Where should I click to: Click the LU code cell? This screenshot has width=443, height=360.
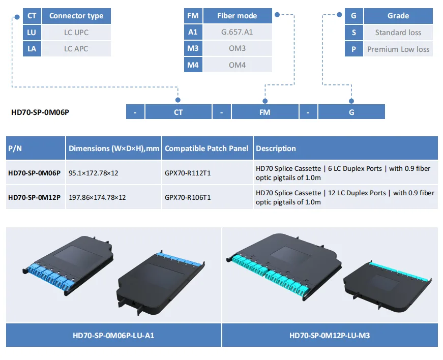32,33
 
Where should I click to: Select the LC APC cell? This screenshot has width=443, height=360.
76,49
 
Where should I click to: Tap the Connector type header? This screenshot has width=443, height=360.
76,16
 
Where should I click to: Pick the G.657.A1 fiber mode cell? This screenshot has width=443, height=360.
237,33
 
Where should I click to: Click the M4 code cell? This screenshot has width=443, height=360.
193,65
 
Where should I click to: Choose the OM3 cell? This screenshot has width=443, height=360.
237,49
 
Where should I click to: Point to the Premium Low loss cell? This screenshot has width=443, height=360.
398,49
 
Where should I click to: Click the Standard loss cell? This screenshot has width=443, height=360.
398,33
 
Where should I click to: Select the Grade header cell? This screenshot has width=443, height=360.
398,16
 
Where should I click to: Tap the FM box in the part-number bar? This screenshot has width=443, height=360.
264,112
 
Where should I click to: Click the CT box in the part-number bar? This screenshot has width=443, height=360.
178,112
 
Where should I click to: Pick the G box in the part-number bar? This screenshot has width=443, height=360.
351,112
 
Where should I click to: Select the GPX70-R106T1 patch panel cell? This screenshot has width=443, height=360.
188,197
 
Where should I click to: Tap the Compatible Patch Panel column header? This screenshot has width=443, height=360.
206,148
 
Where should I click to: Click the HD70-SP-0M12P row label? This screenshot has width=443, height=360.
35,197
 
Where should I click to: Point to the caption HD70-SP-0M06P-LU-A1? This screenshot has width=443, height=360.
114,336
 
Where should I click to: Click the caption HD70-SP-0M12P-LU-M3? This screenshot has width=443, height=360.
330,336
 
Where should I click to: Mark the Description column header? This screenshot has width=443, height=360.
276,148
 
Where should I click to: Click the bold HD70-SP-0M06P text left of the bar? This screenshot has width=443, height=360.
40,112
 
